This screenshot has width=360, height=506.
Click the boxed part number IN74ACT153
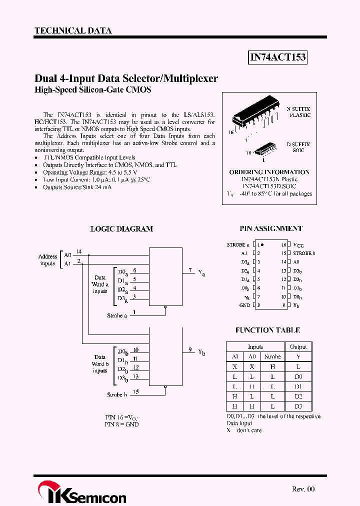277,57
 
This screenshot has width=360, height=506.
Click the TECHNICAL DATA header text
73,31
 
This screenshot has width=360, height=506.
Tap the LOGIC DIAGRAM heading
121,229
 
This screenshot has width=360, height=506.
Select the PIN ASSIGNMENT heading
270,228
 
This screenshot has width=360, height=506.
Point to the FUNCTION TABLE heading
267,330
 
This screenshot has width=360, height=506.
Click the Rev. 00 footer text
303,489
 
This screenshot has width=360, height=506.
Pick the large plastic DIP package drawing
255,117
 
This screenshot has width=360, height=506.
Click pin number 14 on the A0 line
79,251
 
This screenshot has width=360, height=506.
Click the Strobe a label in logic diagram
117,315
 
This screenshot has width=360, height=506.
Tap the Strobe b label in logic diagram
117,394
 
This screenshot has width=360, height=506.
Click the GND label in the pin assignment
244,305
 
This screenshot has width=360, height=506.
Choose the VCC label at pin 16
298,245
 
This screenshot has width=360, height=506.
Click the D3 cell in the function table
298,406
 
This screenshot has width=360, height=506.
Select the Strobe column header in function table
272,357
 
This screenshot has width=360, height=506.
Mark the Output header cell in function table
298,347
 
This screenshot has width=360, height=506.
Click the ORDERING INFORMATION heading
269,172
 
